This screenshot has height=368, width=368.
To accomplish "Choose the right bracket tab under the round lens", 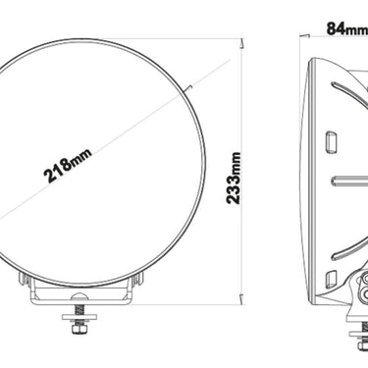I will [133, 290].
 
